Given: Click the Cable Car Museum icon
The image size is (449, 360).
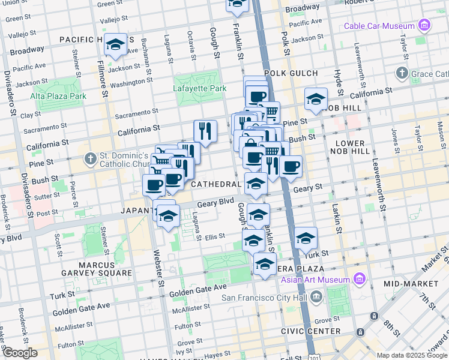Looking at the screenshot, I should (x=425, y=25).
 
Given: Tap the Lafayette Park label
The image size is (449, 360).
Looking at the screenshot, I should (x=200, y=88).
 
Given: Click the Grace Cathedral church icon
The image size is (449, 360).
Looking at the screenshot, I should (x=402, y=74).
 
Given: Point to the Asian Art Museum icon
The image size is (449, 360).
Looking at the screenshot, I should (x=359, y=280).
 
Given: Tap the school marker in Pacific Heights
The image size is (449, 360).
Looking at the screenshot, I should (x=115, y=44).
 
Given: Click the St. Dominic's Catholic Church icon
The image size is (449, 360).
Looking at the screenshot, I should (x=91, y=159).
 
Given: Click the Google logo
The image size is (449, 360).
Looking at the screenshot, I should (x=20, y=353).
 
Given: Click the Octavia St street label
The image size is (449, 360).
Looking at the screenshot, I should (x=190, y=41).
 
